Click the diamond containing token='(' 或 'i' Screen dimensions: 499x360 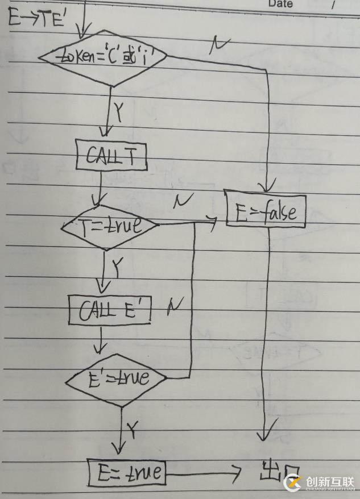[102, 57]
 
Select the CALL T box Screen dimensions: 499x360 [111, 155]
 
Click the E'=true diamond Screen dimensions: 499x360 [115, 378]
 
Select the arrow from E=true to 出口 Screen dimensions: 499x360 [205, 472]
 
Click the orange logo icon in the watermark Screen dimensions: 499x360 [293, 483]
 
